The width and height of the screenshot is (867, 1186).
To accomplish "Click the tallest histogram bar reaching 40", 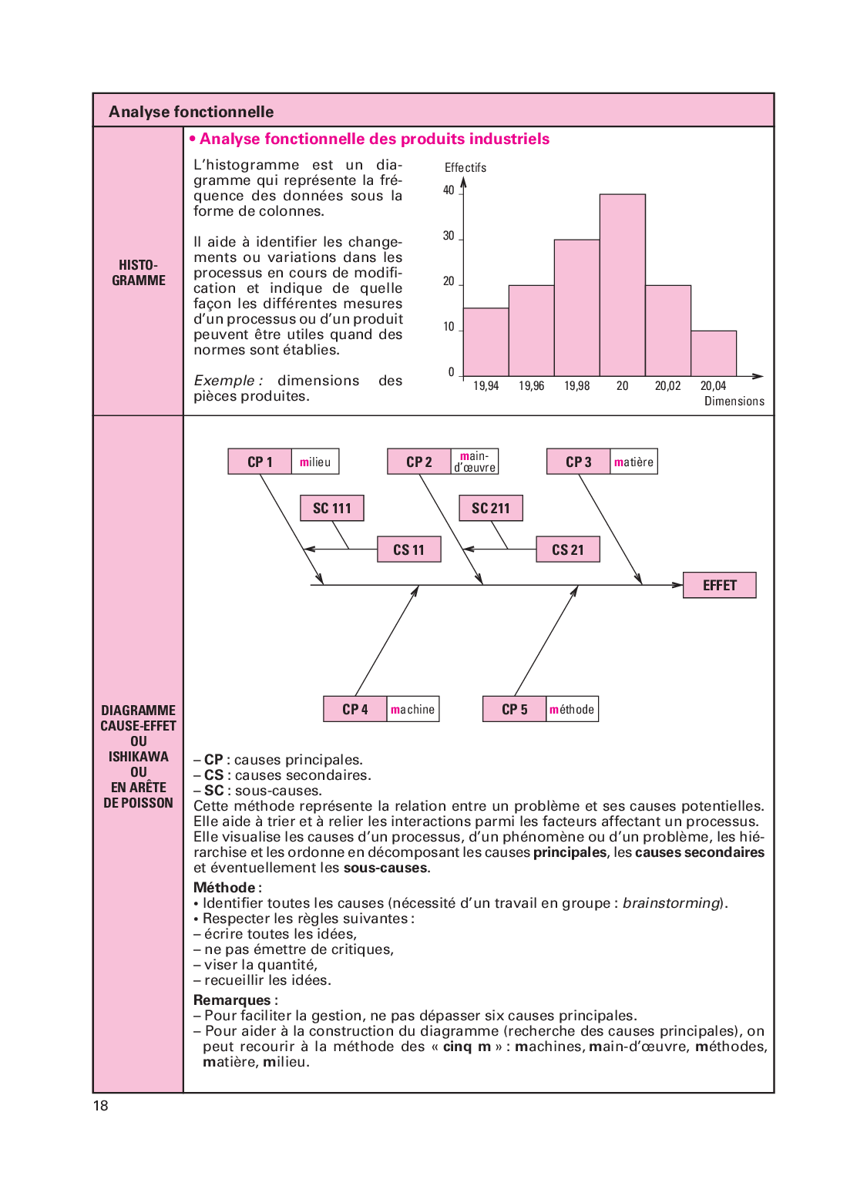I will [x=623, y=285].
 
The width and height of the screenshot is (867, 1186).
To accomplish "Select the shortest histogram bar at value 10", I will [x=714, y=354].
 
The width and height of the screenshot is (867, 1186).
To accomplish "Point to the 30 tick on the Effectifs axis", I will [x=449, y=236].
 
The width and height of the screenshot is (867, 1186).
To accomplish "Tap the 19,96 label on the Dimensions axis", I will [x=531, y=386].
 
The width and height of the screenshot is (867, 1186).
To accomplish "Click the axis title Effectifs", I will [x=465, y=168].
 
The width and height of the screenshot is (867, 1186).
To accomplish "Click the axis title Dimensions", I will [x=734, y=401].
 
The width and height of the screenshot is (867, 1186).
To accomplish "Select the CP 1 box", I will [x=260, y=462].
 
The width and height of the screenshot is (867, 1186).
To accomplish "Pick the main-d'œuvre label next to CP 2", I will [x=475, y=462].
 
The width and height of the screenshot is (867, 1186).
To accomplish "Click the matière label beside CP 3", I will [x=633, y=462].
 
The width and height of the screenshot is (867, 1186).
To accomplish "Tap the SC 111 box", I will [x=332, y=509].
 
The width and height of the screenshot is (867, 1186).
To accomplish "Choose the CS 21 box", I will [x=568, y=550].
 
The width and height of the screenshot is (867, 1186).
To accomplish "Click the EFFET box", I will [x=720, y=586].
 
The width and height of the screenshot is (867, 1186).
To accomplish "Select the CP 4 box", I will [x=355, y=710].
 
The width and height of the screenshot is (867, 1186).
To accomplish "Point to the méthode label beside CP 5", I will [x=572, y=710].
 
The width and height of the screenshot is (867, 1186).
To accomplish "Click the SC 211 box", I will [x=491, y=509].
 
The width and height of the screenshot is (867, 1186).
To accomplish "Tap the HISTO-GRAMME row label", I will [x=139, y=273].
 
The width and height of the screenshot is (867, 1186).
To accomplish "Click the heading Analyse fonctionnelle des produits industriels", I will [x=375, y=139].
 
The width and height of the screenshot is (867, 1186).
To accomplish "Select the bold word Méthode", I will [x=225, y=888].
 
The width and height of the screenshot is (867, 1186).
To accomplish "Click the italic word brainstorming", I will [x=670, y=903].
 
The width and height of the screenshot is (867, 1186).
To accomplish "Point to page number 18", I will [x=101, y=1106].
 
